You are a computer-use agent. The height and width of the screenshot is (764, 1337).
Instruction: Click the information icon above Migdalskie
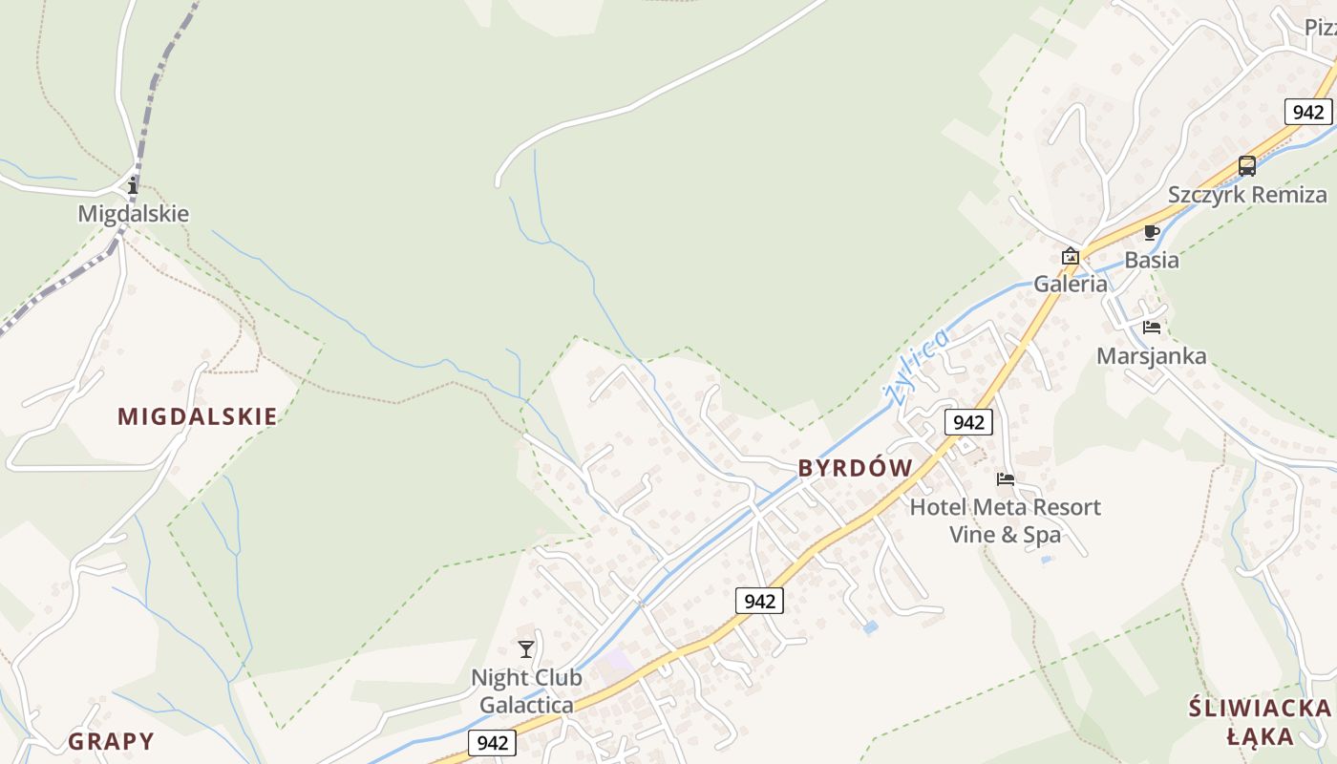pos(133,185)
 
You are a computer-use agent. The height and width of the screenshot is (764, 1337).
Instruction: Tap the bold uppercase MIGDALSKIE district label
pos(198,416)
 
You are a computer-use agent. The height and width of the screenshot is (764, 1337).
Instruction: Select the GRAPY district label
pos(111,741)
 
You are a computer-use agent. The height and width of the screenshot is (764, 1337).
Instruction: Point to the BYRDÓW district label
pos(856,468)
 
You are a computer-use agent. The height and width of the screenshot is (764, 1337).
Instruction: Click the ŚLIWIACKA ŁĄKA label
pos(1260,722)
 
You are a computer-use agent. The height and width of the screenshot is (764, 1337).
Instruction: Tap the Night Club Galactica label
pos(526,691)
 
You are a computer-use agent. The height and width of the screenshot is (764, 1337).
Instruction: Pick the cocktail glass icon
pos(526,650)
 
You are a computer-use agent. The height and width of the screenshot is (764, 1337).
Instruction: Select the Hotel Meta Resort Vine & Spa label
pos(1005,520)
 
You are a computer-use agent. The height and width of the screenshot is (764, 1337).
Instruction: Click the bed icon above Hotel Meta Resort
pos(1005,479)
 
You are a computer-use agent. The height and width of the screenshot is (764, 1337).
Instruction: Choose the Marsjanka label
pos(1151,356)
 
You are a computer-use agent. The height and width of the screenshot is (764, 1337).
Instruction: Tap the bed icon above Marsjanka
pos(1152,328)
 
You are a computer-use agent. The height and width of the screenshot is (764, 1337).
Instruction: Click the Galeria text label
pos(1071,284)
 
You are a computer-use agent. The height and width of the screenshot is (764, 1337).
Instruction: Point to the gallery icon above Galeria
pos(1071,256)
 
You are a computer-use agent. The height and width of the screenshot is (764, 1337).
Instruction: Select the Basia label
pos(1151,260)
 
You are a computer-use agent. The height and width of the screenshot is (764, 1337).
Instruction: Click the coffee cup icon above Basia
pos(1152,232)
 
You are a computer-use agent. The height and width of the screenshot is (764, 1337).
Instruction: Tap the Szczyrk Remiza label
pos(1247,195)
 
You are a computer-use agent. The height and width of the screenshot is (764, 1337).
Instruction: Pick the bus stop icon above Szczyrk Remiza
pos(1247,166)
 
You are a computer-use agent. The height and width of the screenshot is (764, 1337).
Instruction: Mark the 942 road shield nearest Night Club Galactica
pos(493,743)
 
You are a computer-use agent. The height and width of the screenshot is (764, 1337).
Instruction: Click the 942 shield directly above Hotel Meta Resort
pos(968,421)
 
